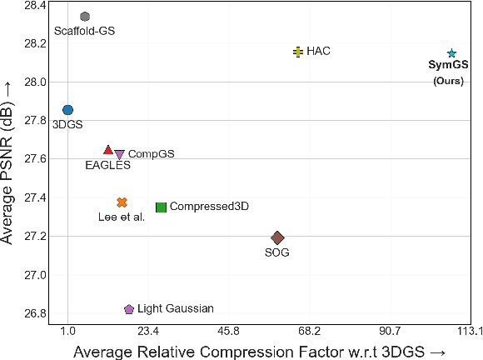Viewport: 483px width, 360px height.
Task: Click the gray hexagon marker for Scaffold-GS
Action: (85, 17)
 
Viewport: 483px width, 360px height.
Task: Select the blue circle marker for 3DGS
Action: (68, 110)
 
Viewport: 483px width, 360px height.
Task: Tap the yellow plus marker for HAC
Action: (298, 52)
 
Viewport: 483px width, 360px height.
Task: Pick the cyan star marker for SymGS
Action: (451, 53)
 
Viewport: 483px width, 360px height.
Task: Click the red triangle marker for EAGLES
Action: (108, 150)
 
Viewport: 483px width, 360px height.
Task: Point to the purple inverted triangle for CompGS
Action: (120, 155)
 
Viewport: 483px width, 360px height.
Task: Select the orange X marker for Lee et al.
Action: (122, 202)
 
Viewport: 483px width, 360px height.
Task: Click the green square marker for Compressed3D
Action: (162, 207)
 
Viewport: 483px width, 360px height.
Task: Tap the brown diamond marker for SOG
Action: (278, 238)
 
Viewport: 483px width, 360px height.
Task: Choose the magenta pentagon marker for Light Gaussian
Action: (129, 309)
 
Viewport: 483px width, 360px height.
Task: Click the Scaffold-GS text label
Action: (85, 32)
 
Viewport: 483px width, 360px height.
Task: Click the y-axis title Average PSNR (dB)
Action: (10, 164)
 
